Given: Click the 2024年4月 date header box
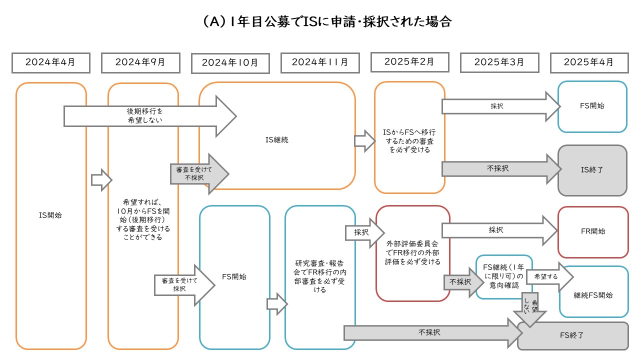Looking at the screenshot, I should coord(50,62).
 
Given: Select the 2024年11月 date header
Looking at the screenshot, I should coord(319,62).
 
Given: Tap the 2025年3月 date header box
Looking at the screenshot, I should coord(499,62).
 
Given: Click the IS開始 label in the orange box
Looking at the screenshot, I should coord(51,215).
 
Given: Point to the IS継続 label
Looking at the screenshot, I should coord(277,140).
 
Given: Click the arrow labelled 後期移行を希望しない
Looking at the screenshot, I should coord(145,116).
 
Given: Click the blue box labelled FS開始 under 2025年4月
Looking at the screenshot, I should coord(592,106).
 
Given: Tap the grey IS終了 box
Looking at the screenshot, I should coord(592,170).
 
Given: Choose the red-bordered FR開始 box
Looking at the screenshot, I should coord(593,231).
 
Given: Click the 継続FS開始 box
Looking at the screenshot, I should coord(593,295).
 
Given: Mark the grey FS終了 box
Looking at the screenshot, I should coord(573,335).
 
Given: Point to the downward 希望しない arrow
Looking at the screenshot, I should coord(529,308).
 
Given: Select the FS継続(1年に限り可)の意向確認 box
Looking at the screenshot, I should coord(504,276).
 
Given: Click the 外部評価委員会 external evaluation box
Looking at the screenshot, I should coord(413,253).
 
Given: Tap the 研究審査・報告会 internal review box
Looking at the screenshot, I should coord(320,276).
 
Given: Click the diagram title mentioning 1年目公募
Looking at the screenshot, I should coord(320,21).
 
